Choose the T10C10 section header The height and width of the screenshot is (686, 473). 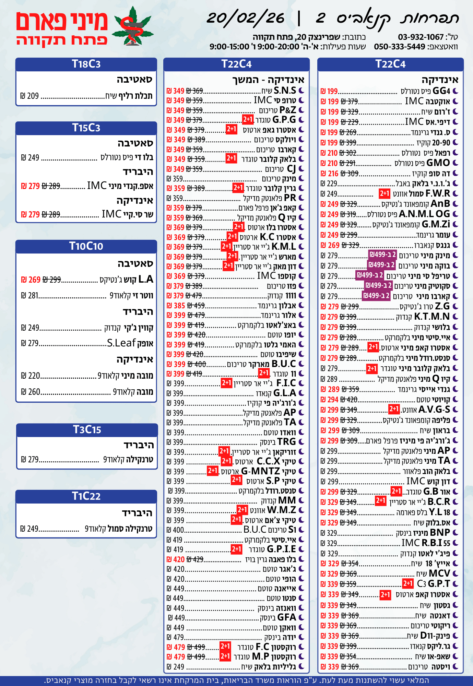(86, 246)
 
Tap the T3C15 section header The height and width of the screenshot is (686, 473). (87, 430)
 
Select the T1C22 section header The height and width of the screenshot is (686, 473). (86, 496)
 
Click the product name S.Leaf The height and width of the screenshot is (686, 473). (121, 343)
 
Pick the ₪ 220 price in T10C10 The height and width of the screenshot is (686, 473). (31, 376)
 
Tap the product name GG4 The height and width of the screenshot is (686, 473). (441, 91)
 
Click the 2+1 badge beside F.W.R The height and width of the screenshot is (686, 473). (385, 194)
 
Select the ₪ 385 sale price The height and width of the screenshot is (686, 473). (176, 306)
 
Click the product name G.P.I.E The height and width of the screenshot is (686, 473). (281, 549)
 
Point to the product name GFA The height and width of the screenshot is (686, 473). (286, 618)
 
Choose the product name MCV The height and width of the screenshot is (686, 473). (439, 573)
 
